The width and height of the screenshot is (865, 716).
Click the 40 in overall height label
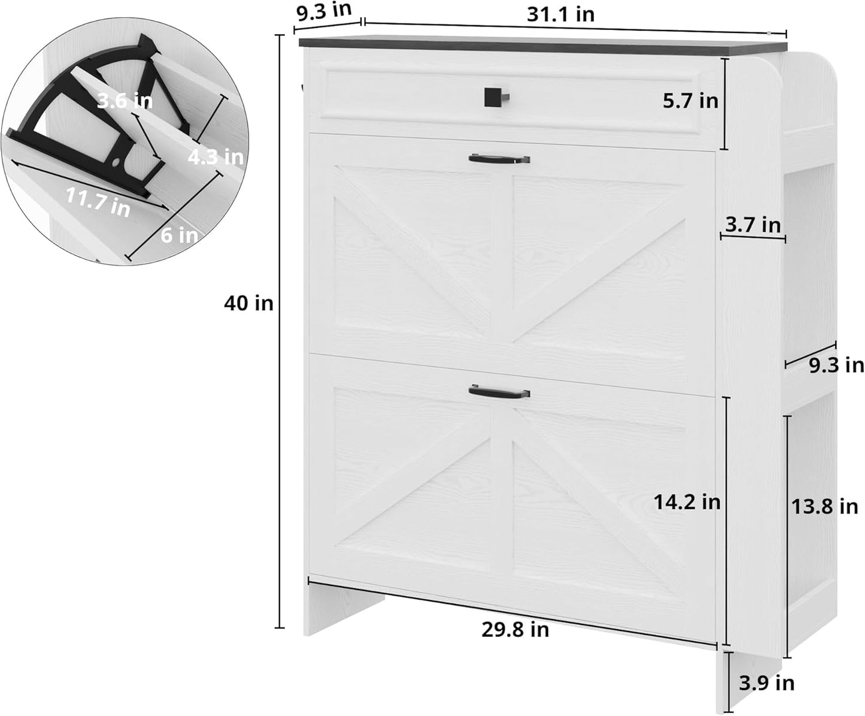click(x=248, y=304)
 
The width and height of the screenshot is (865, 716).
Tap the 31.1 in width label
click(x=560, y=14)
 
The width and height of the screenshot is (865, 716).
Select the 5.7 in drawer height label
click(x=690, y=101)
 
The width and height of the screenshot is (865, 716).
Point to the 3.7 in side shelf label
click(x=752, y=225)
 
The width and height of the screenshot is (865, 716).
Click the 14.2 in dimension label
click(x=686, y=502)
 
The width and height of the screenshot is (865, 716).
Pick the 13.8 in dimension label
click(x=824, y=506)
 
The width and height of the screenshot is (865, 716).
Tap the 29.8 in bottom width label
click(x=515, y=629)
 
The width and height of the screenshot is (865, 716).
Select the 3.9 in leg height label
click(x=766, y=682)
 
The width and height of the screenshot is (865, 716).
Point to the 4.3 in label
click(x=215, y=157)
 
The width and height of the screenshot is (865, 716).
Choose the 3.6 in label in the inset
click(x=125, y=101)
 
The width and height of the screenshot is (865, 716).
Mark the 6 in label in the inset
click(x=179, y=235)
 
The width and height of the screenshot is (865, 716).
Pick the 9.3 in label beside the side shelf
click(x=836, y=364)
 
